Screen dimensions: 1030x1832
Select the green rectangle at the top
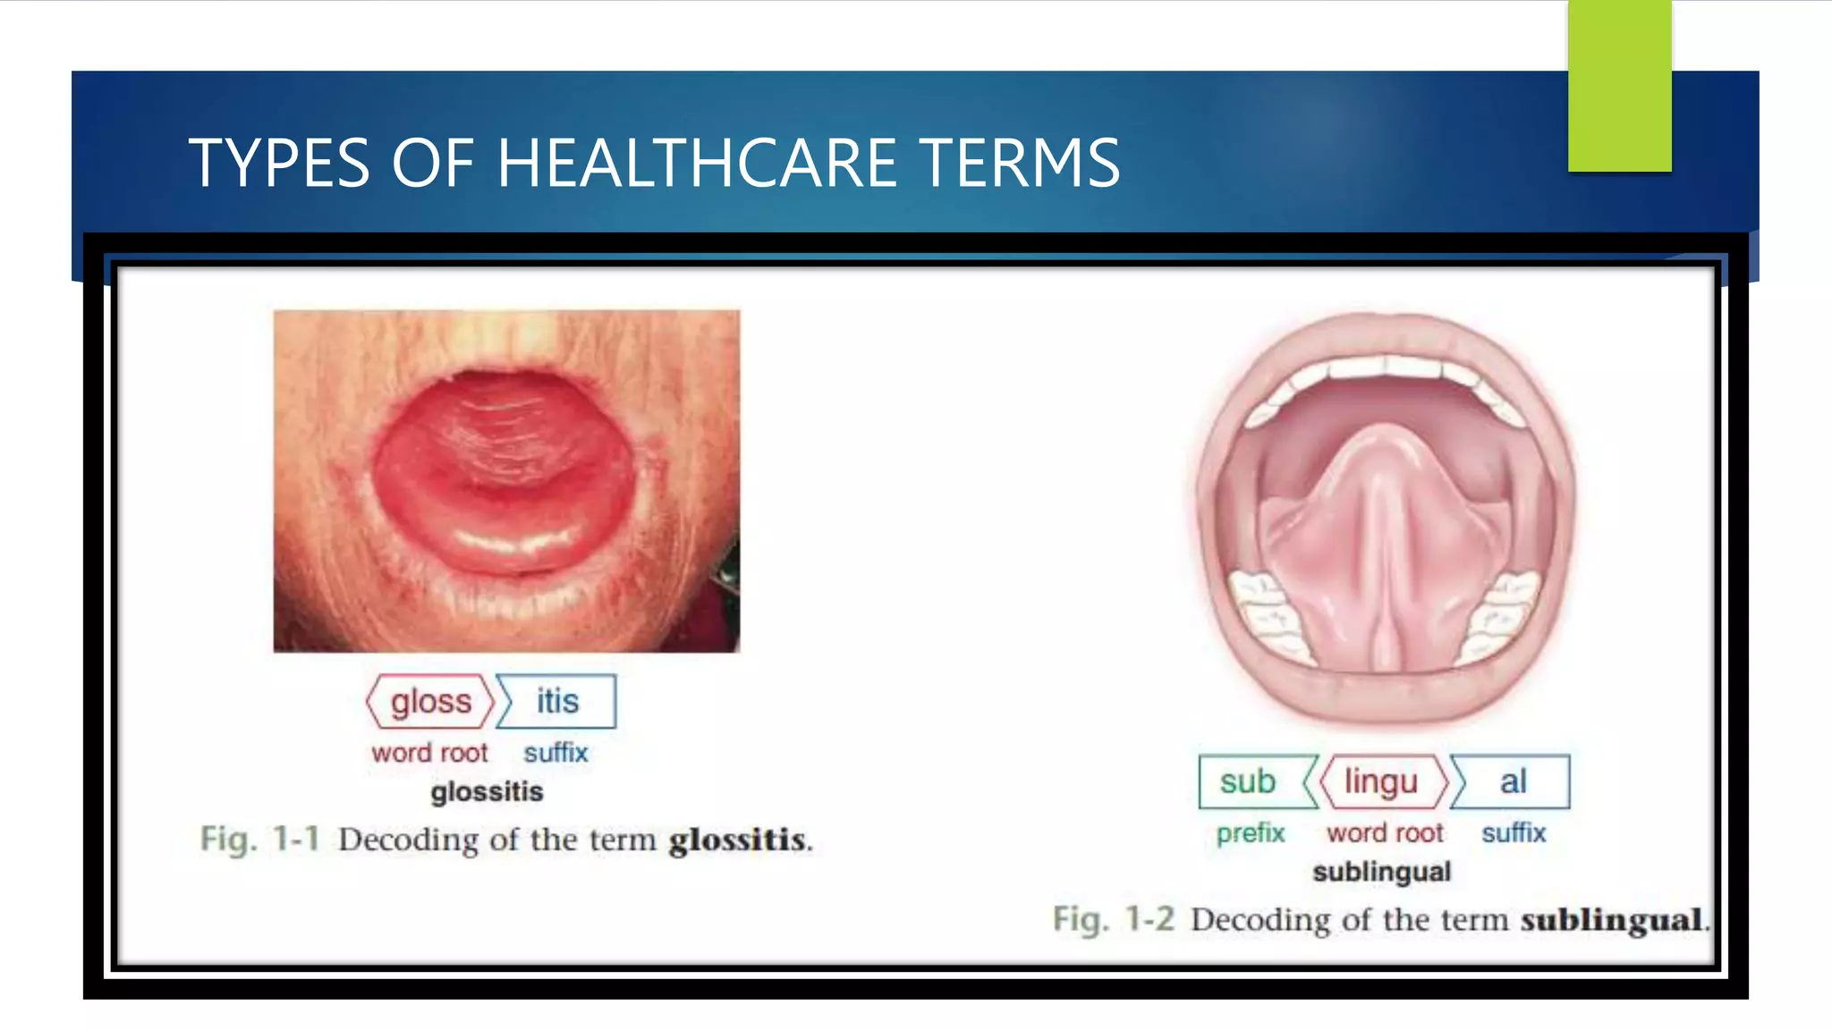(1619, 86)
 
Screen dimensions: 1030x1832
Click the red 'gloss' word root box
(430, 702)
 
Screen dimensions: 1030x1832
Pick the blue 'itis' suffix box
(557, 702)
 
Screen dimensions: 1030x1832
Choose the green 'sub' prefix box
(1249, 782)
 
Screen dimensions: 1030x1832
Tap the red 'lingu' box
(1381, 782)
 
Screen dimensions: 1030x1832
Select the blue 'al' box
(1512, 782)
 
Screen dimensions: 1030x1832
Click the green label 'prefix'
(1250, 833)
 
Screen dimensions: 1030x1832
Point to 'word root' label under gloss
(429, 753)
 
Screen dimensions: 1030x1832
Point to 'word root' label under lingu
(1385, 833)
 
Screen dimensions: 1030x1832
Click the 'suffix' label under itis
(556, 753)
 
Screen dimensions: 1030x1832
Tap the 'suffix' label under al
(1514, 833)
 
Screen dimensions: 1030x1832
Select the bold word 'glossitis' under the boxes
(487, 792)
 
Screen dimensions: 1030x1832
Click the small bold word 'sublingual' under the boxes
(1381, 872)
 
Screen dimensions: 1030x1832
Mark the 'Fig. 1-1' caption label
(259, 840)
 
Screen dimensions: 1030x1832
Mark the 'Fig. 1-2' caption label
(1113, 919)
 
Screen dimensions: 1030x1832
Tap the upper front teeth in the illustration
(1385, 367)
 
